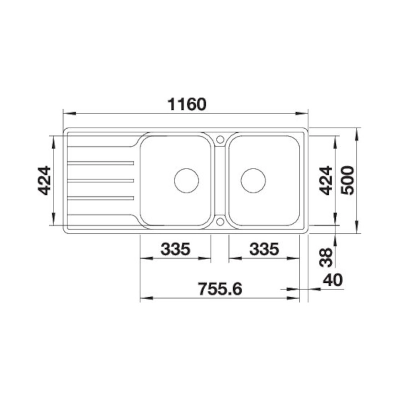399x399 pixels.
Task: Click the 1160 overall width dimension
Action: [x=187, y=104]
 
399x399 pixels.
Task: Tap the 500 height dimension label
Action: [x=348, y=181]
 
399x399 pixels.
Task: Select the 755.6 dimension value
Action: [x=220, y=289]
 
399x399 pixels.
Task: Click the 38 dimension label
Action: [x=326, y=257]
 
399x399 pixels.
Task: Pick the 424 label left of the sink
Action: [x=44, y=181]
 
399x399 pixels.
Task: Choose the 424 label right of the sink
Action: [x=326, y=181]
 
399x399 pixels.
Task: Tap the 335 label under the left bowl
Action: [x=175, y=249]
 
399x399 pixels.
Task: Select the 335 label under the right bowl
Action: [x=264, y=249]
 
